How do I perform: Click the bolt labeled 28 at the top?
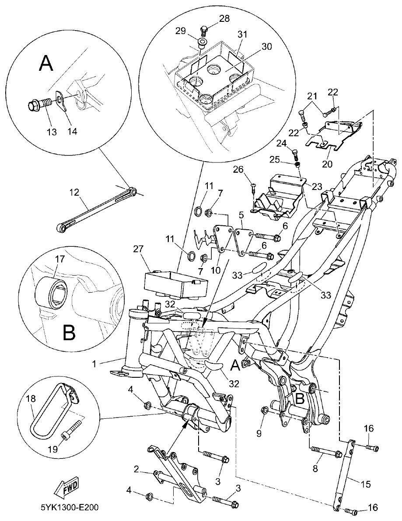(204, 30)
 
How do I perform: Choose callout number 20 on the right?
(327, 165)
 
